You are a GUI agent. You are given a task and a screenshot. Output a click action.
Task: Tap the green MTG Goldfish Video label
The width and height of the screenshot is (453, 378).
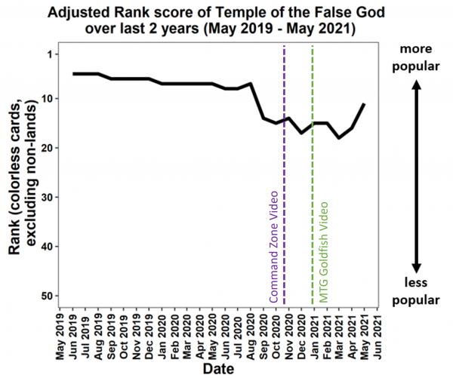pyautogui.click(x=324, y=251)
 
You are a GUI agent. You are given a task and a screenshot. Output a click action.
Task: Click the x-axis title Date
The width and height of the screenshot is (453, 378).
pyautogui.click(x=218, y=369)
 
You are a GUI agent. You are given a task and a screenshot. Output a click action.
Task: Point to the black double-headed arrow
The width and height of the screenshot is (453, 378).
pyautogui.click(x=415, y=174)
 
